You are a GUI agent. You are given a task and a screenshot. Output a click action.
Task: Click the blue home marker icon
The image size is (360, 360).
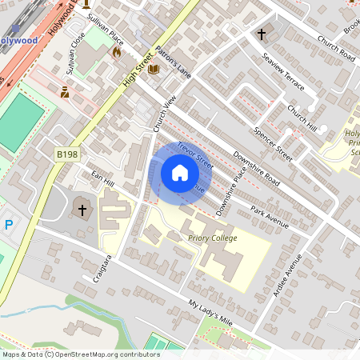point(180,173)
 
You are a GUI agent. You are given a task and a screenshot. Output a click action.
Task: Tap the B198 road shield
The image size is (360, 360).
point(67,154)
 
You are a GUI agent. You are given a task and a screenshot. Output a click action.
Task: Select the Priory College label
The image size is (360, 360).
point(212,238)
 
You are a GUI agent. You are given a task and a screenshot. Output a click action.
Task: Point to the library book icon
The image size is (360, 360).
point(154,70)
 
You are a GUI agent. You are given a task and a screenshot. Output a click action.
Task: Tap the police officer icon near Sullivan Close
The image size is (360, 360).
point(65,93)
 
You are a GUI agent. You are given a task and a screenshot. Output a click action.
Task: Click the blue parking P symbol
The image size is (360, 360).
point(9,226)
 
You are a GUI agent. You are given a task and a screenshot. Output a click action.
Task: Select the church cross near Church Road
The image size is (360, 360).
point(262,34)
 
